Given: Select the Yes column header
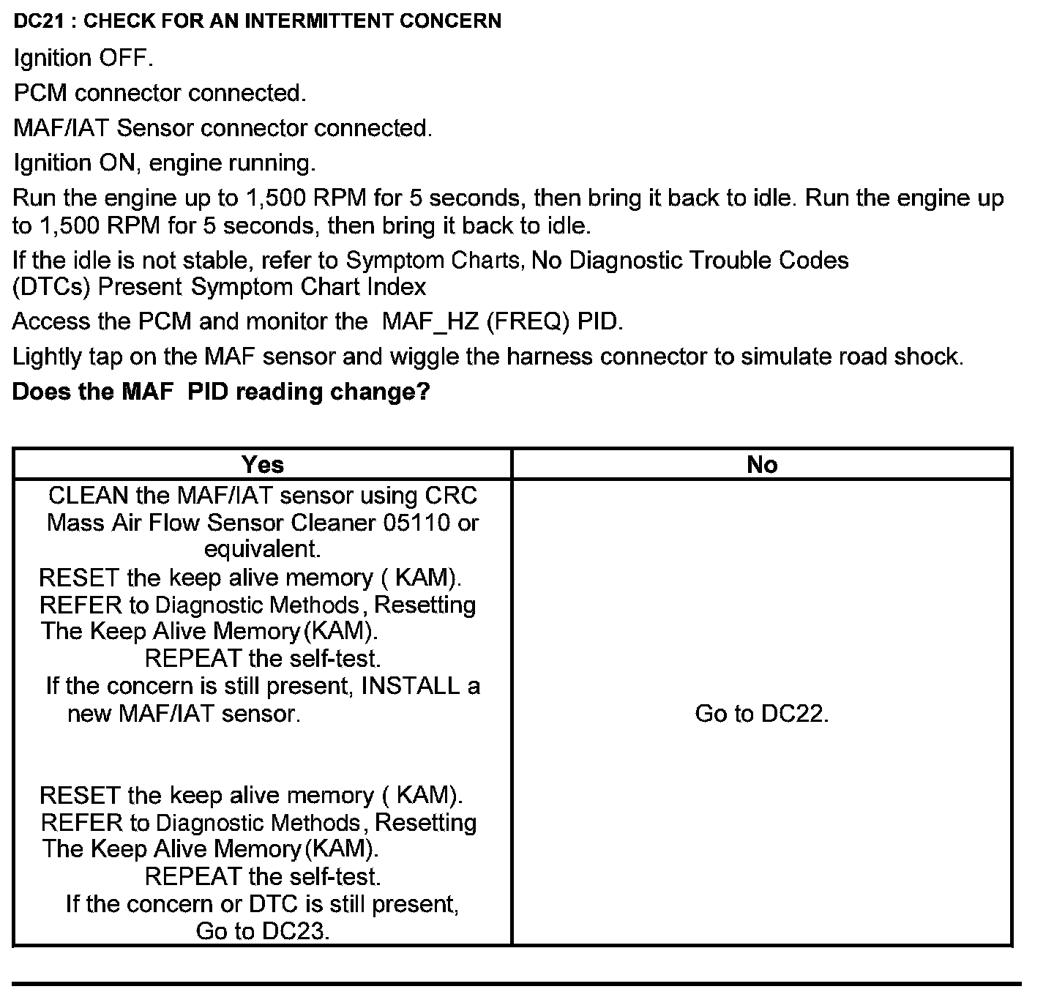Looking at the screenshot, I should tap(263, 464).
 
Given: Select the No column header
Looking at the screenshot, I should tap(762, 464).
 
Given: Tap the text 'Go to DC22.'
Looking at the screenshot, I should tap(762, 713).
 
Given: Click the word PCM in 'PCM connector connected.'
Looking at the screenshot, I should tap(40, 93).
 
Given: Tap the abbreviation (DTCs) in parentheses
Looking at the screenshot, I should tap(51, 286).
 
